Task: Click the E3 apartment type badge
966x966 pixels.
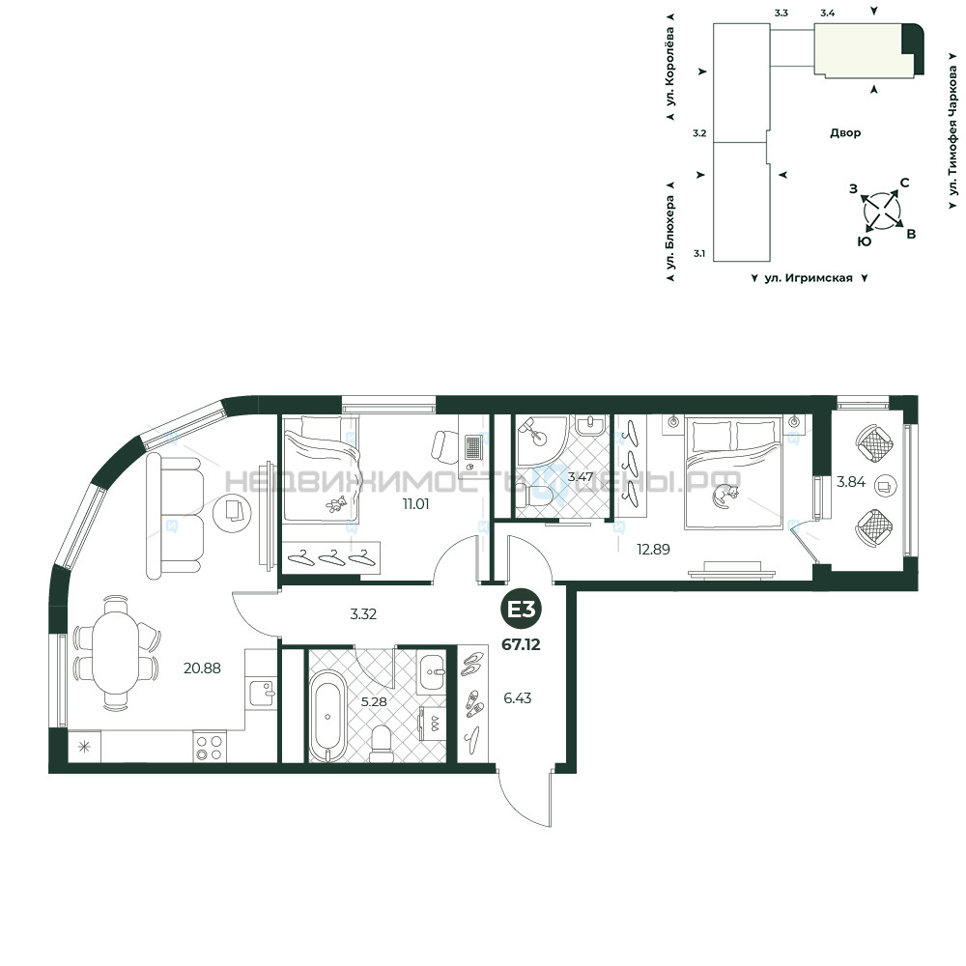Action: click(x=522, y=610)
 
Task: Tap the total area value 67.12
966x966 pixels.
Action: click(x=522, y=644)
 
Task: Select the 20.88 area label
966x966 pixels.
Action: click(x=202, y=668)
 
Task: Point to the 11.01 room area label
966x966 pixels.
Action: click(x=415, y=504)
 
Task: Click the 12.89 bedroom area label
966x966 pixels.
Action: click(x=653, y=549)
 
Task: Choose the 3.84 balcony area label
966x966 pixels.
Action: click(x=851, y=482)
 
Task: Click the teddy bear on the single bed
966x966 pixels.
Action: click(x=336, y=503)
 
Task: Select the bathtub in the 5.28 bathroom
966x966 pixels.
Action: click(x=327, y=717)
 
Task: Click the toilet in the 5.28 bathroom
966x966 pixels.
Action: click(x=381, y=744)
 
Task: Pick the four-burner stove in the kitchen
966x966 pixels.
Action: click(x=209, y=747)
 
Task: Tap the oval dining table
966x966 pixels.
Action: click(x=115, y=654)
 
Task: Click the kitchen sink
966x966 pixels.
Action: click(x=264, y=692)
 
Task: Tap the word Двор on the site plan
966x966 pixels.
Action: click(x=845, y=132)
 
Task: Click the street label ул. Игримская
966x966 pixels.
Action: click(x=809, y=278)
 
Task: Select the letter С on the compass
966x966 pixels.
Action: click(x=904, y=183)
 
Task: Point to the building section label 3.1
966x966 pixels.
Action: click(x=699, y=253)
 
